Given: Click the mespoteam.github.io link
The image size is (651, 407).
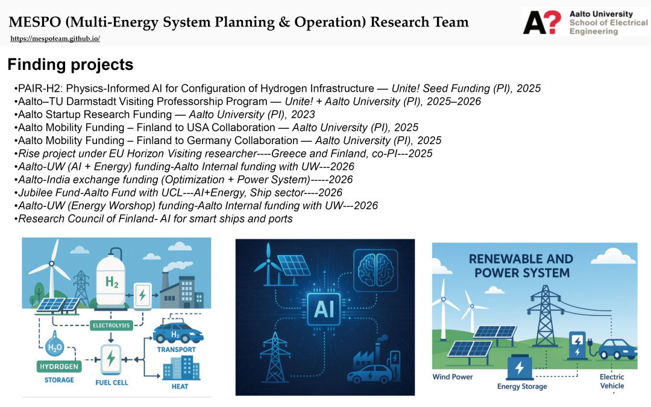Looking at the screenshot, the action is (55, 39).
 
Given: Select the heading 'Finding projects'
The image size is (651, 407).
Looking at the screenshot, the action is (71, 65).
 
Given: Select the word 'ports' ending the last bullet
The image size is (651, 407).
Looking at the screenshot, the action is (280, 219).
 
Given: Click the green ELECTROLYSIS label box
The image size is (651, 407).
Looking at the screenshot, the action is (112, 325).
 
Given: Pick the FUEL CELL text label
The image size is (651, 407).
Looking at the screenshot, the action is (112, 382).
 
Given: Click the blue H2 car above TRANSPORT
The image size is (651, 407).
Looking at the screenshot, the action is (178, 333).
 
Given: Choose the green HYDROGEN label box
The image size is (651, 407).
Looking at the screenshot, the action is (59, 367).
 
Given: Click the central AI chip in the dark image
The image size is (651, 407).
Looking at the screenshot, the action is (324, 309).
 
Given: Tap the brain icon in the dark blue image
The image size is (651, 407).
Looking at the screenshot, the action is (376, 270).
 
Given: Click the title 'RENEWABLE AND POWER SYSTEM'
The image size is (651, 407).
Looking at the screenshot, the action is (521, 266).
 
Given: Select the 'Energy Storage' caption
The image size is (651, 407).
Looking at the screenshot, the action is (522, 386).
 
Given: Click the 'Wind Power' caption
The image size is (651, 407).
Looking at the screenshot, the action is (453, 377).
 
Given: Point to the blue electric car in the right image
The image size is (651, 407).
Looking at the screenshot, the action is (617, 349).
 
